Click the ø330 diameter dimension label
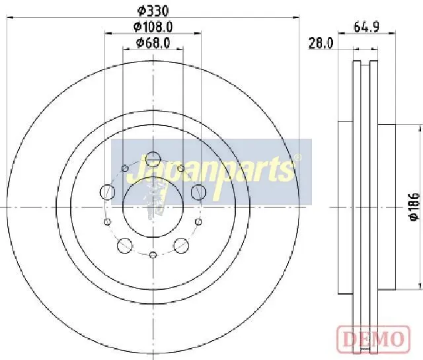pos(153,11)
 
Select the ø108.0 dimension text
pos(153,26)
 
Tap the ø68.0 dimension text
pos(153,43)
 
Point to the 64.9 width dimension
pos(367,26)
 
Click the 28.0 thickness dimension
pos(321,43)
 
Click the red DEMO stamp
pos(373,338)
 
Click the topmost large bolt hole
pos(153,159)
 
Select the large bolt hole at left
pos(107,192)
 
